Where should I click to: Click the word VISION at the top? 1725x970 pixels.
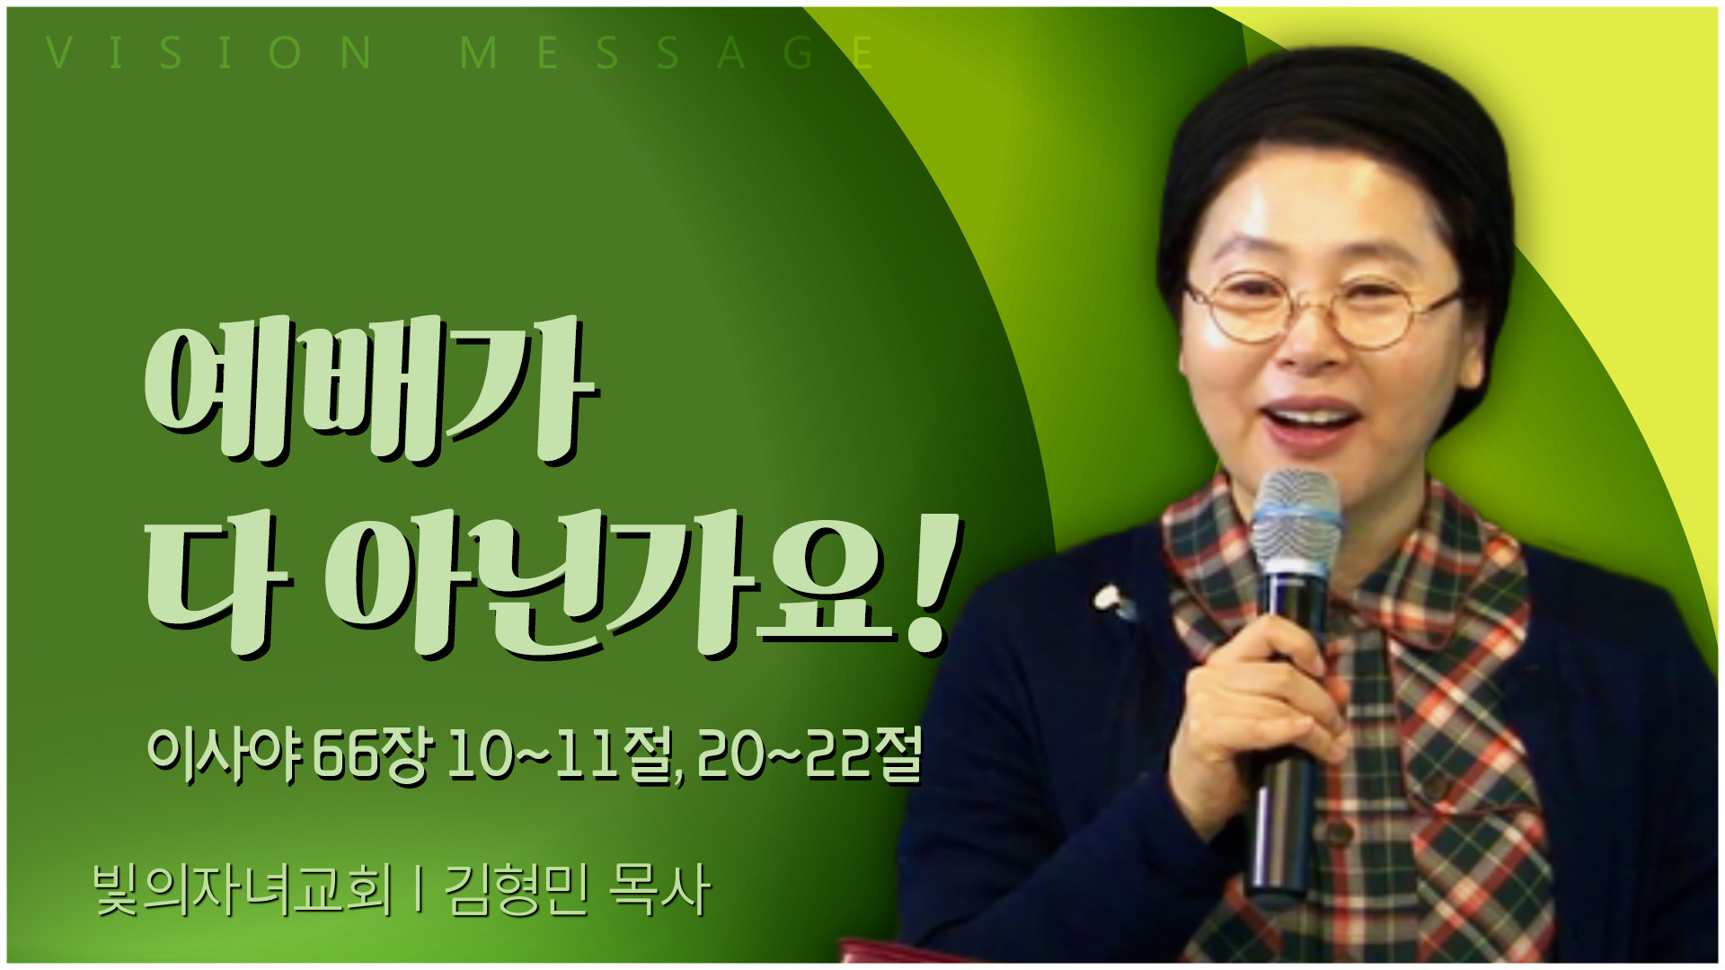(x=209, y=53)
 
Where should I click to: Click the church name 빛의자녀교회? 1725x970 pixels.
(x=243, y=890)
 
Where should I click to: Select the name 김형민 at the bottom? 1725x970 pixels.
(x=517, y=890)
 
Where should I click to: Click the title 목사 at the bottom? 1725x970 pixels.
(x=659, y=890)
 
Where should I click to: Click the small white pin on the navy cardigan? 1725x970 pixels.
(x=1112, y=600)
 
